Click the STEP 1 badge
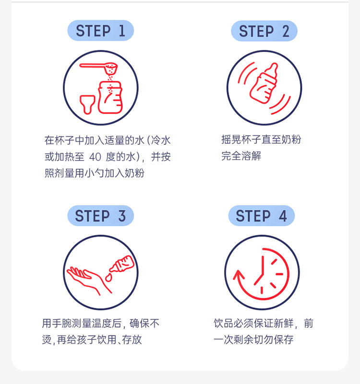click(100, 31)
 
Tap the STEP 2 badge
click(264, 31)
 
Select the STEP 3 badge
click(100, 216)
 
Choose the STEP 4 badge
click(262, 216)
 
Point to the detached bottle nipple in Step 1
click(87, 105)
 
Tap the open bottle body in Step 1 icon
click(110, 97)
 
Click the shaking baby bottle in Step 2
click(264, 83)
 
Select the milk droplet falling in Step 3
click(108, 278)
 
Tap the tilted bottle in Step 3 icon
click(122, 264)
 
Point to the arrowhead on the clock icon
click(238, 275)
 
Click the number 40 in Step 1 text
click(96, 157)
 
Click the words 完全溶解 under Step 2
click(241, 156)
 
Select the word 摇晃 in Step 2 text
click(231, 140)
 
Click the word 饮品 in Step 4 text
click(223, 323)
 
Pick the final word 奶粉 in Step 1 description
click(134, 173)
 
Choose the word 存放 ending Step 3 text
click(132, 340)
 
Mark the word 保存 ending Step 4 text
click(284, 340)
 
